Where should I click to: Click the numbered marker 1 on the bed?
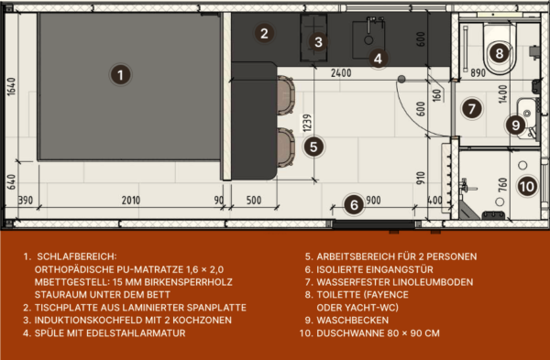pos(120,75)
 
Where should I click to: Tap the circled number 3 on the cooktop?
pos(318,42)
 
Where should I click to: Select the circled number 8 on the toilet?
pos(500,54)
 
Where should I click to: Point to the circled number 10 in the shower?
pos(527,187)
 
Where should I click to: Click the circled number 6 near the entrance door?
pos(354,204)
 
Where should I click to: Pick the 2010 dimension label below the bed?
pos(131,201)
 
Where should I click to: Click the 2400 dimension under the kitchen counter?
pos(341,73)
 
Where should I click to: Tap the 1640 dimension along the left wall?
pos(11,87)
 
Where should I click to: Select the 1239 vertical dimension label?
pos(307,123)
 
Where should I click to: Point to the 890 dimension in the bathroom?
pos(478,73)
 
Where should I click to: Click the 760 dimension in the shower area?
pos(502,185)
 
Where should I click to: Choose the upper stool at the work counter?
pos(286,95)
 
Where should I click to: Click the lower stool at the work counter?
pos(286,147)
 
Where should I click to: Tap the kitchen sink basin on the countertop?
pos(368,39)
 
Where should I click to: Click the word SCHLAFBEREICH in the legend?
pos(75,256)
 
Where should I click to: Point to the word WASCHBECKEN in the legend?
pos(353,321)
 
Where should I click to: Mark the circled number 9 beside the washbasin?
pos(515,125)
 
